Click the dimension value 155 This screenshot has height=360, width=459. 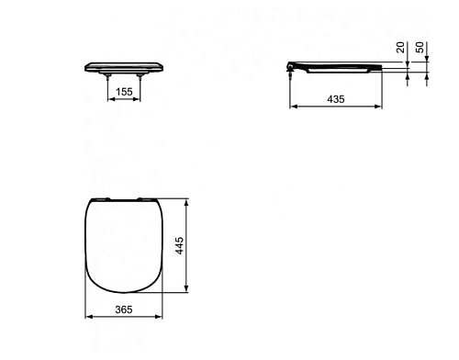tap(124, 92)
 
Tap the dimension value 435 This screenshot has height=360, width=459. tap(336, 99)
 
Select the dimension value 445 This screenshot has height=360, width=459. tap(179, 245)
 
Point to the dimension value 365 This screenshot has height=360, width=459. tap(124, 309)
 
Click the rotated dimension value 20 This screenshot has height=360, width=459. tap(400, 48)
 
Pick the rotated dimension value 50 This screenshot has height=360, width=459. tap(420, 48)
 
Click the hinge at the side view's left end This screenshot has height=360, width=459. tap(290, 67)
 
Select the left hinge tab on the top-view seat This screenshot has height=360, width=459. tap(104, 199)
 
